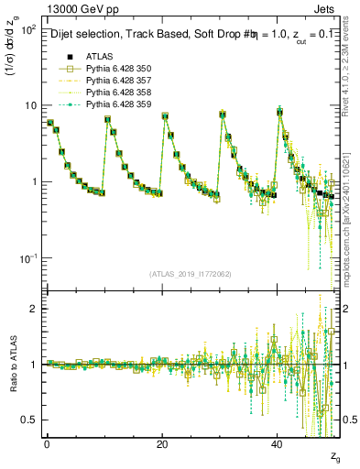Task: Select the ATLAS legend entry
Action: [x=101, y=56]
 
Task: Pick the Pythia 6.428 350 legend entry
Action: [x=119, y=69]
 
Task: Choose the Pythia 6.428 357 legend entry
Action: [x=119, y=81]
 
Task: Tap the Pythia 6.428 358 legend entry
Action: [x=119, y=93]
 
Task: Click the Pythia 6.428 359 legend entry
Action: [x=119, y=104]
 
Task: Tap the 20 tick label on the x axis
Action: [x=161, y=442]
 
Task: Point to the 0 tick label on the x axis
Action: [x=47, y=442]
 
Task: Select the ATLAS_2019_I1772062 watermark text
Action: [x=191, y=274]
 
